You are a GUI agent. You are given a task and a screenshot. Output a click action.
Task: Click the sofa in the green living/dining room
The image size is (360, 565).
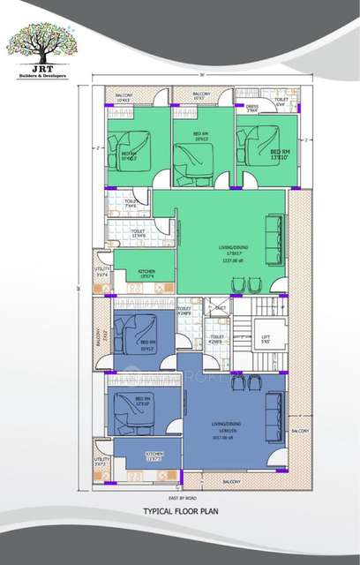pos(276,232)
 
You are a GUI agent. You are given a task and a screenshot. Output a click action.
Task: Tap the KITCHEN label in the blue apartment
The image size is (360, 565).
pos(154,456)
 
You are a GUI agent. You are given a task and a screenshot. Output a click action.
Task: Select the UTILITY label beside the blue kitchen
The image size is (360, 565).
pos(102,460)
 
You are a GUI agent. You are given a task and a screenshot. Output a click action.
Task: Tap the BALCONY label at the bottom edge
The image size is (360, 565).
pos(232,482)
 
